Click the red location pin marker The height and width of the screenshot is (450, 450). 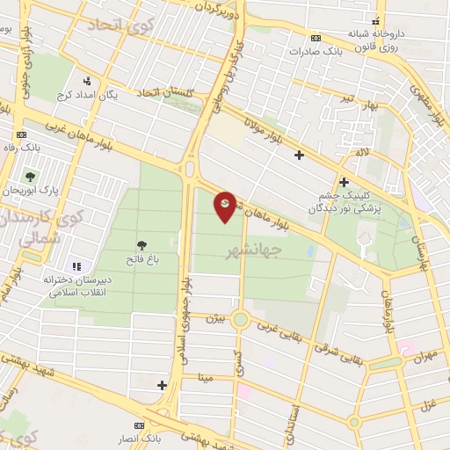coord(226,206)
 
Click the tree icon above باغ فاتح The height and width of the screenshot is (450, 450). coord(142,245)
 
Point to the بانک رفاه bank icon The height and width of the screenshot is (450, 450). coord(20,134)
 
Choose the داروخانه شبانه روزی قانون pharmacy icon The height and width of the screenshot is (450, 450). coord(376,20)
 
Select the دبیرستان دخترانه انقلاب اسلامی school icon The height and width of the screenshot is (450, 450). coord(76,265)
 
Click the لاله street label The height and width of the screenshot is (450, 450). coord(361,153)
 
